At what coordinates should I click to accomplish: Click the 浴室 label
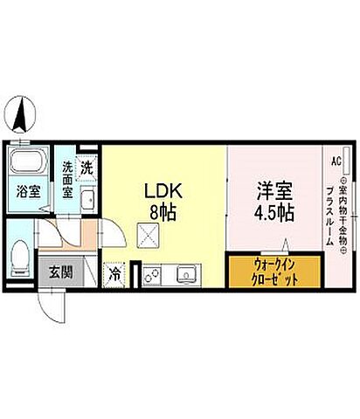(x=29, y=189)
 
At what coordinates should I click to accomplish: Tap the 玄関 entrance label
(x=59, y=270)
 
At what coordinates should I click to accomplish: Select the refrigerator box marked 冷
(x=115, y=273)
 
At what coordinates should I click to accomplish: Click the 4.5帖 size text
(x=273, y=212)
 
